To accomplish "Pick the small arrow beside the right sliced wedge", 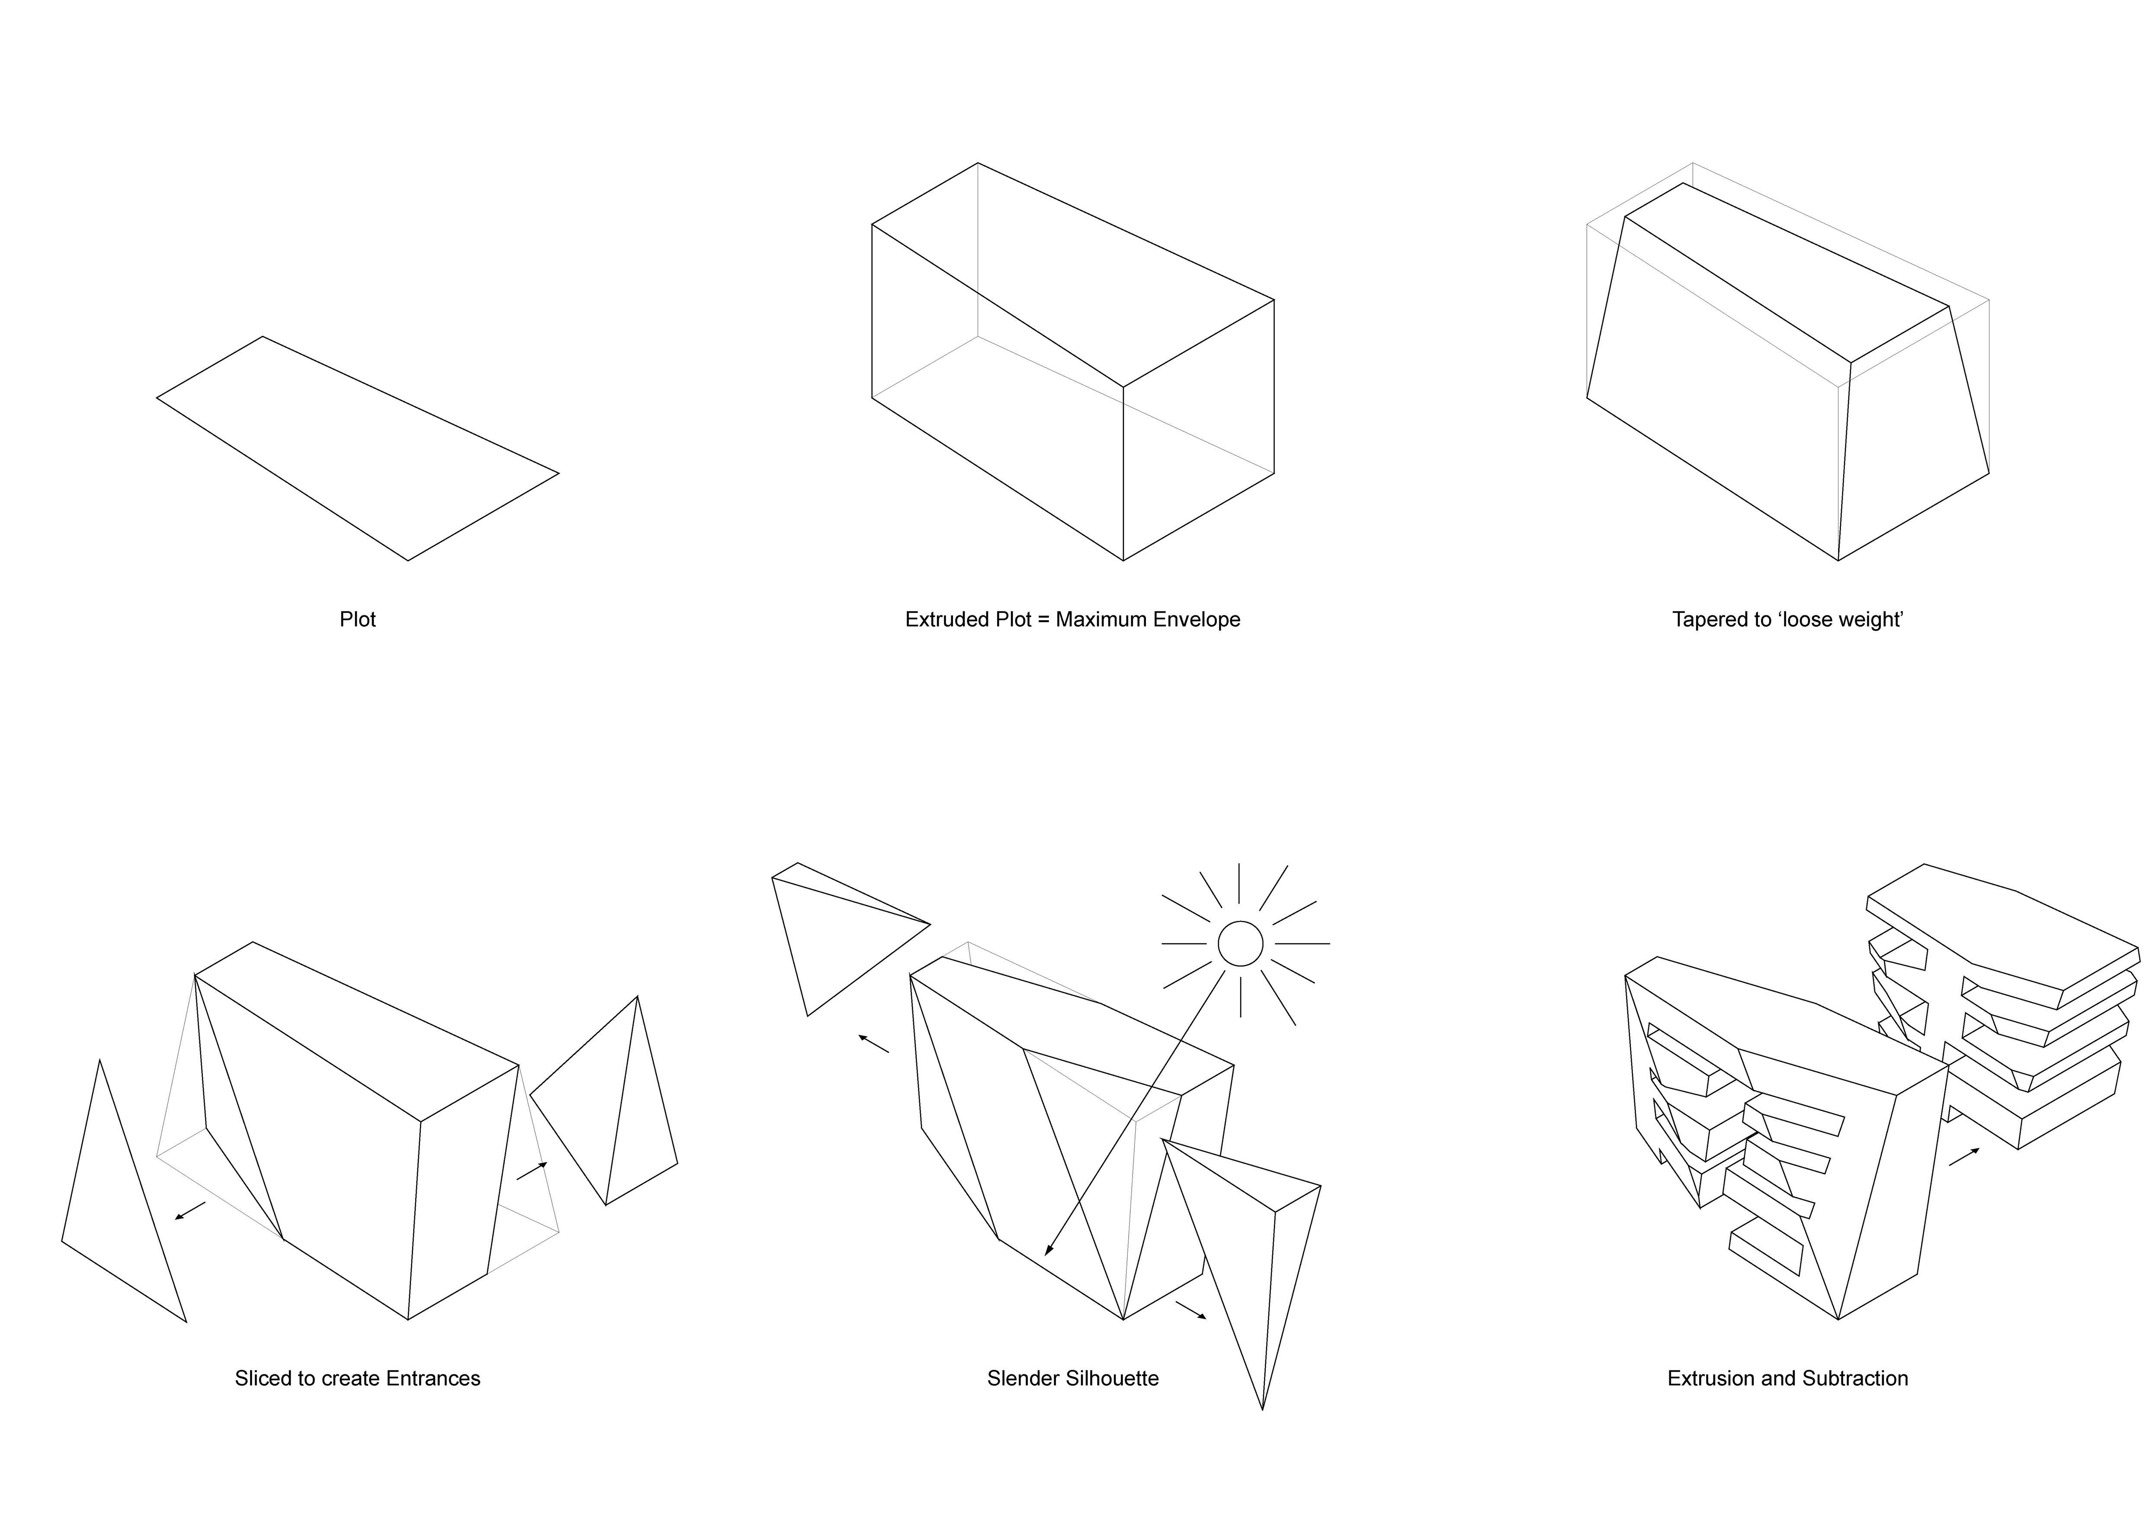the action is [x=532, y=1170].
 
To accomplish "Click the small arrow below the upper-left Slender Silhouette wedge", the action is [x=874, y=1043].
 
